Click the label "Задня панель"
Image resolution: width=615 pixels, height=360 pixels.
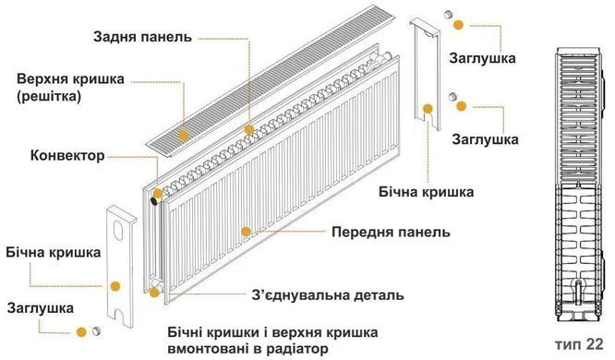(142, 38)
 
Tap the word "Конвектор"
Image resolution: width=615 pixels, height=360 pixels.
(67, 154)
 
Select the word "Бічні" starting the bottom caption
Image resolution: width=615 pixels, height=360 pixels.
(187, 331)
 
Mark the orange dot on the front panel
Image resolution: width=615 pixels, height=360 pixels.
(245, 229)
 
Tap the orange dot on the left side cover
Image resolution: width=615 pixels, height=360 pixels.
(115, 286)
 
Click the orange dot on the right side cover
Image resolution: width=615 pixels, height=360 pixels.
(428, 109)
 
